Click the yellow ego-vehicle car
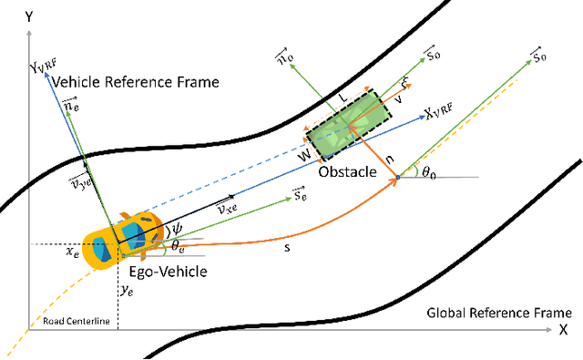122,240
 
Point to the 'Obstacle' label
346,170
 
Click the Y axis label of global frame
31,15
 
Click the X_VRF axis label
443,115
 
